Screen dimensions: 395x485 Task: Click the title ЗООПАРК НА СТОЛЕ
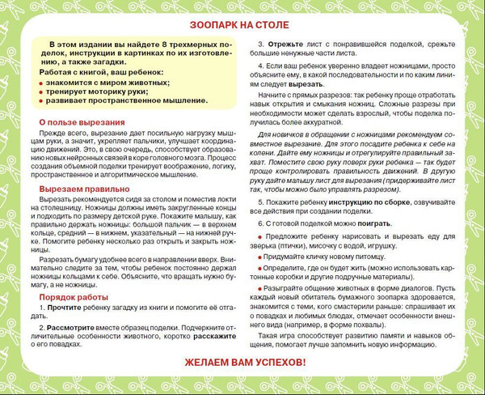242,23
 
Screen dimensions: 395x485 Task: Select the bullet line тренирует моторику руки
96,91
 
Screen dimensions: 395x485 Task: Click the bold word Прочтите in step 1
64,308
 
